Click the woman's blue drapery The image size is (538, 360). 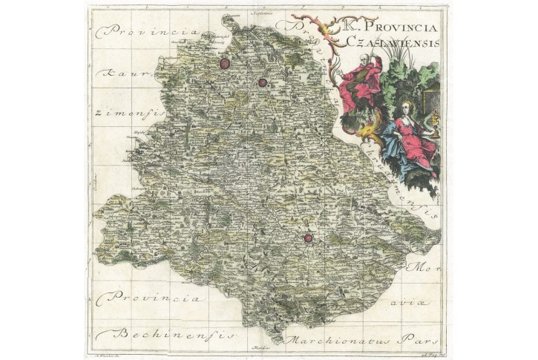pos(393,137)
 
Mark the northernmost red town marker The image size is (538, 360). pos(224,64)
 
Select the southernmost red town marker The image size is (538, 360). pos(307,238)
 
